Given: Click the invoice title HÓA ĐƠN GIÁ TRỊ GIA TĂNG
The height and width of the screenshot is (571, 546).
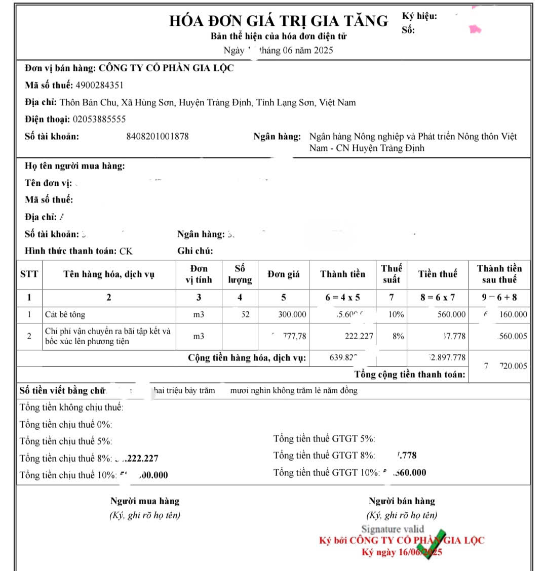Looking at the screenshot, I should [x=278, y=21].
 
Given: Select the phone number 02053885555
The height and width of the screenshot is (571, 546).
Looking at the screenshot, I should [x=99, y=119].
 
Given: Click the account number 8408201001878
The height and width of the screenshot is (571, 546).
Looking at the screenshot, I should [x=158, y=136].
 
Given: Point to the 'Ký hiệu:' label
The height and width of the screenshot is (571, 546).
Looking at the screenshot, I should [x=419, y=16].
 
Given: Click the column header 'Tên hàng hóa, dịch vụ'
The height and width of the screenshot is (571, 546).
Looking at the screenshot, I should [x=109, y=274].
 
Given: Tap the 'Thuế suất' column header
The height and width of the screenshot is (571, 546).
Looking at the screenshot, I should [x=392, y=274].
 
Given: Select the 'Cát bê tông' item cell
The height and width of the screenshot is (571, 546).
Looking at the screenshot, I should [x=65, y=314].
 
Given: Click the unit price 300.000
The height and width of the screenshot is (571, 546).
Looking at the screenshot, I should [x=292, y=314].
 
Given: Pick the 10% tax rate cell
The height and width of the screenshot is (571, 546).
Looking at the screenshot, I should [x=396, y=314].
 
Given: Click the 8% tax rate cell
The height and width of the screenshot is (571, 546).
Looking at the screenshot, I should [x=398, y=336].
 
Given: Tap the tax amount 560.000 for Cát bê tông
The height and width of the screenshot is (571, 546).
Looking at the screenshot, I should [x=451, y=314].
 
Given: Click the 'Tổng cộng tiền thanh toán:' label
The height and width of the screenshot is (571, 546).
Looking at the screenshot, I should [x=409, y=375].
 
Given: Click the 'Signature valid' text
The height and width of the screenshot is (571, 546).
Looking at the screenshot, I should [x=393, y=529].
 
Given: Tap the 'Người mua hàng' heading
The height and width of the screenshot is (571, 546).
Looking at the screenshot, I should [x=145, y=501].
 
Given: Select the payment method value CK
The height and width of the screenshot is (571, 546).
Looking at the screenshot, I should [x=126, y=251].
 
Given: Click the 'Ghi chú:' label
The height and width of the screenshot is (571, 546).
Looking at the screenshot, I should [x=195, y=251].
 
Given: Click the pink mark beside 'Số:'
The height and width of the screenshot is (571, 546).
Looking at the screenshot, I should [x=475, y=29].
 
